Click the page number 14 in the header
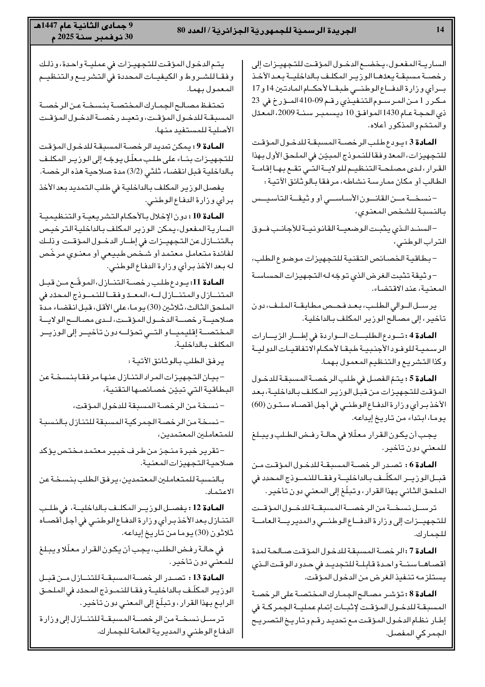tap(440, 30)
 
